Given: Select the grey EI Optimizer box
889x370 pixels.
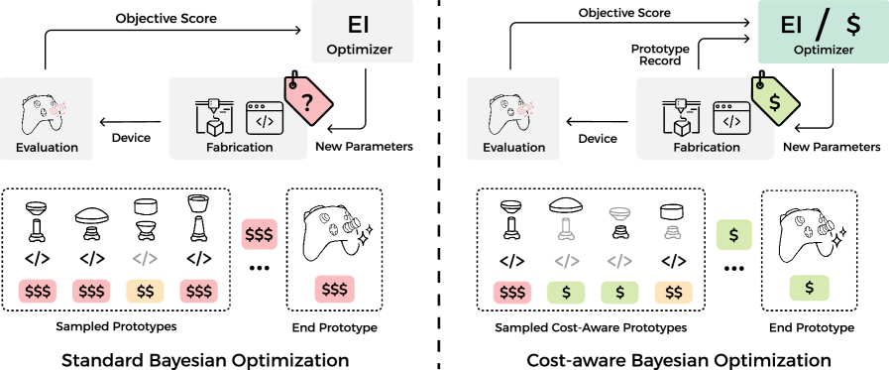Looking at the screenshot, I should pos(362,32).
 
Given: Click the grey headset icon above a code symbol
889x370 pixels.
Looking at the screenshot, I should pos(619,213).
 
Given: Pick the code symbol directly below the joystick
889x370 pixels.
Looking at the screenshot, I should pos(566,262).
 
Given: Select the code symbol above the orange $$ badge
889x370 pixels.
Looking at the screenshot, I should pos(145,259).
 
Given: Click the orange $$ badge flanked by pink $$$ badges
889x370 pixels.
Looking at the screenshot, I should pos(145,292).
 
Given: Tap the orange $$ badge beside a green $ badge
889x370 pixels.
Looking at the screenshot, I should pos(673,293).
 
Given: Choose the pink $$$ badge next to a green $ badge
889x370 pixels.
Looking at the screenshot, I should pos(512,293).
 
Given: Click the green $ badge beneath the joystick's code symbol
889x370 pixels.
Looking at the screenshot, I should pos(566,293).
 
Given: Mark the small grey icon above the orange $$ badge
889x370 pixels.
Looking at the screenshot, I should pos(672,232).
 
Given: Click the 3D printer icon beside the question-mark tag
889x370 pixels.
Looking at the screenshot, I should pos(214,116).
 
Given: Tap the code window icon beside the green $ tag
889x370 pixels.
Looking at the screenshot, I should pos(731,117).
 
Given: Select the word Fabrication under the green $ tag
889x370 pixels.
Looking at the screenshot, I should pos(707,147).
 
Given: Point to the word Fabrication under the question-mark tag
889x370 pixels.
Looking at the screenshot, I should pos(240,148).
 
